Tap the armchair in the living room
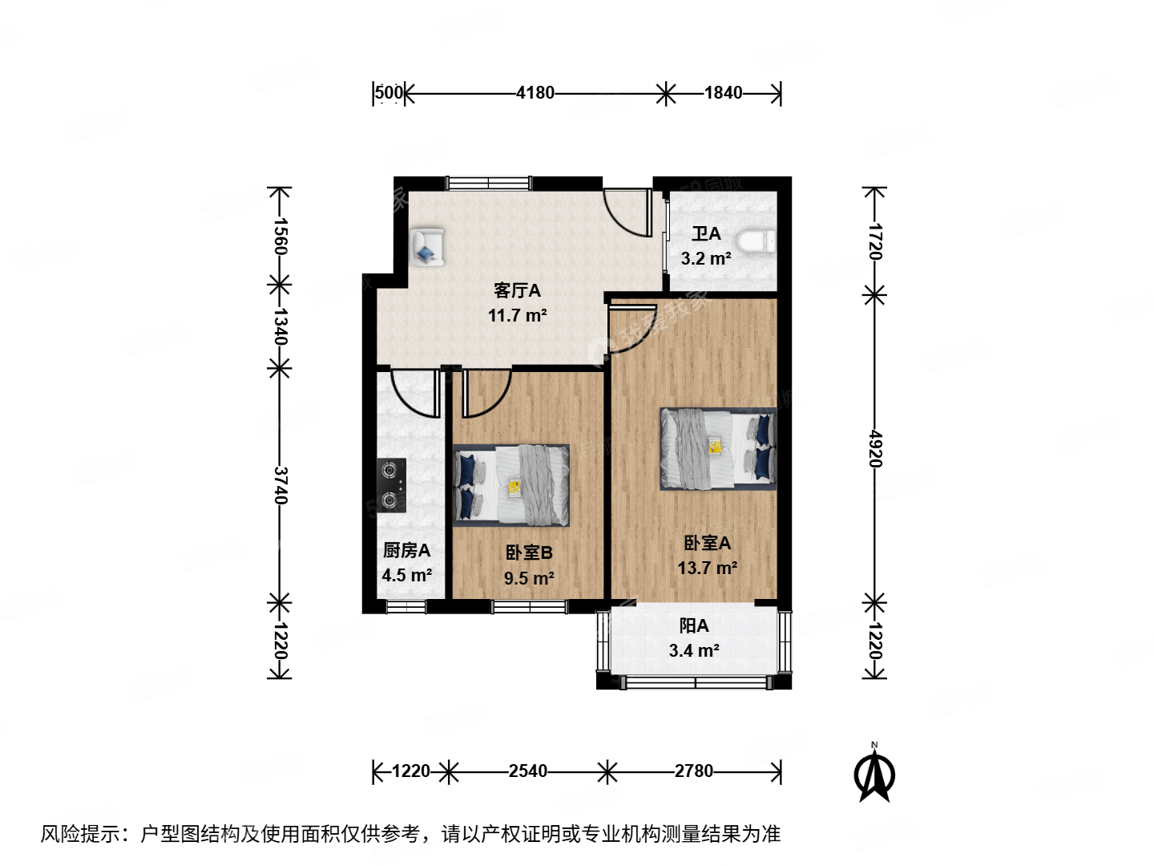click(x=426, y=246)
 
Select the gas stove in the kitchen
click(x=392, y=485)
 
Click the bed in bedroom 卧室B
click(x=511, y=485)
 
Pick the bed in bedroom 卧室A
click(x=718, y=449)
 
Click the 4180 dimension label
click(x=535, y=93)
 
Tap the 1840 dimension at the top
click(x=723, y=93)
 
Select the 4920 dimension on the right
click(x=875, y=449)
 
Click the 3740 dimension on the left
click(x=280, y=485)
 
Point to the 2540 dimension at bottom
click(x=528, y=771)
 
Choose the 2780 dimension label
click(x=693, y=771)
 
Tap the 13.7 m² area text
click(x=707, y=569)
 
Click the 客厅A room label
click(x=517, y=290)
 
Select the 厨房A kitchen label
click(x=406, y=550)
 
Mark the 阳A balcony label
click(x=694, y=625)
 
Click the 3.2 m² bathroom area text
click(x=705, y=259)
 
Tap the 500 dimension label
click(x=389, y=93)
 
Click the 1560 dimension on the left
click(x=280, y=237)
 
